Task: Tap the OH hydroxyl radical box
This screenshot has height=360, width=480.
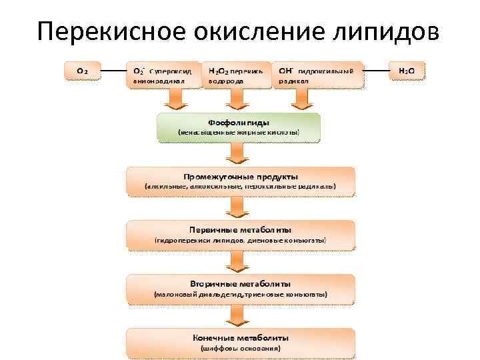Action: pos(319,75)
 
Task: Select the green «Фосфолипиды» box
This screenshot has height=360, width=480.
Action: pos(239,127)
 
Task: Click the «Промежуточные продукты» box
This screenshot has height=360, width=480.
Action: pos(241,181)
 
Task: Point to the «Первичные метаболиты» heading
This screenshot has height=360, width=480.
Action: pos(241,229)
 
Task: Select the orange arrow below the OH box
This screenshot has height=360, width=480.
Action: pos(302,99)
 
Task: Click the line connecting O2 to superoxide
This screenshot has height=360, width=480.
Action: pos(114,69)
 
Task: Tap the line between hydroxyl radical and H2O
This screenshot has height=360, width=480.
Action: pos(377,69)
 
